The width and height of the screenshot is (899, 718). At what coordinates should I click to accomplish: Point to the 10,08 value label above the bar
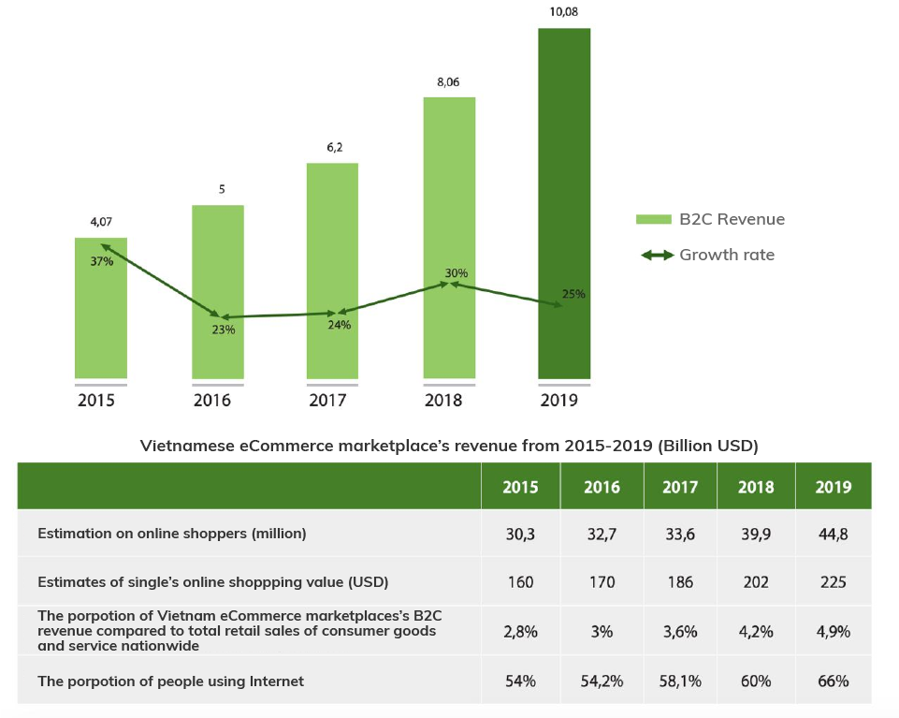(x=563, y=13)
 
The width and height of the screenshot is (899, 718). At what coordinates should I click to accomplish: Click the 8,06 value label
(x=448, y=82)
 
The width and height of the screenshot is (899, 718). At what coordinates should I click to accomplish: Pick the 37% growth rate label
(x=101, y=262)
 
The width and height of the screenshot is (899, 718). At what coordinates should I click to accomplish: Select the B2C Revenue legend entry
(x=710, y=219)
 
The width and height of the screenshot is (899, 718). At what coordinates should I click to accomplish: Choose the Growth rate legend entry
(x=707, y=255)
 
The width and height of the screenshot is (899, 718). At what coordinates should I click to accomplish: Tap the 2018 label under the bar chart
(x=446, y=401)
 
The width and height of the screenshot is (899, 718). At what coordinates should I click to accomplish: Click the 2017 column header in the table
(x=680, y=487)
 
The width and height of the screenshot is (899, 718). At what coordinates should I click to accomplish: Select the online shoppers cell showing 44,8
(x=833, y=534)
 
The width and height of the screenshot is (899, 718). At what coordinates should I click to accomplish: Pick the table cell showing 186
(x=680, y=582)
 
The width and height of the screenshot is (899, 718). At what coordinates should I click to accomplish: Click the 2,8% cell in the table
(x=520, y=632)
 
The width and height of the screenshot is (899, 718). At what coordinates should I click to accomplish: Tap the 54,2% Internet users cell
(x=602, y=681)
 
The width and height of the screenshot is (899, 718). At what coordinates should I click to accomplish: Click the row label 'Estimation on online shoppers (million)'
(x=172, y=534)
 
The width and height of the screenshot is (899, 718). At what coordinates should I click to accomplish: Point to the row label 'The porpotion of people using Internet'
(x=170, y=681)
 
